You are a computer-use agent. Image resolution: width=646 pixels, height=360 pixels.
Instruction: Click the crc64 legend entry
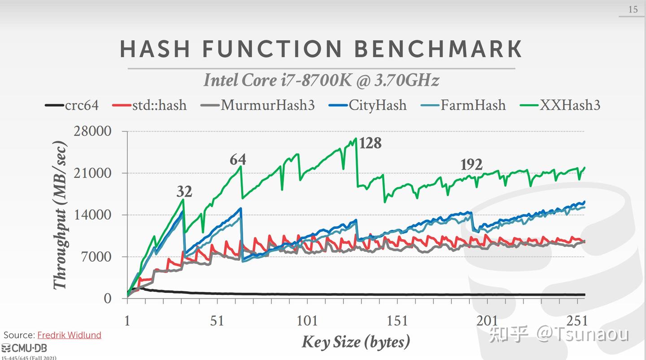point(72,105)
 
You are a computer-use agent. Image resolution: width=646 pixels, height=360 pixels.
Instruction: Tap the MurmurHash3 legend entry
point(258,105)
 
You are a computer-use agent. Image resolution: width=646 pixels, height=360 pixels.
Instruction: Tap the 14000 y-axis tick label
point(93,215)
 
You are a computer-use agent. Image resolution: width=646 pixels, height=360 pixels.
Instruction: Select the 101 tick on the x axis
point(307,321)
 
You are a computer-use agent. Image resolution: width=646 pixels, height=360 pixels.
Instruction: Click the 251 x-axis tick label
point(577,321)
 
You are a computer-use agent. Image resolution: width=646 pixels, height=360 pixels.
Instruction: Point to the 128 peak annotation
point(370,143)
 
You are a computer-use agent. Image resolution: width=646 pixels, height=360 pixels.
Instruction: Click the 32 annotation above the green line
point(184,192)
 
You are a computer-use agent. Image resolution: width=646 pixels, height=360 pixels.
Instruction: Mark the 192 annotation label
point(471,165)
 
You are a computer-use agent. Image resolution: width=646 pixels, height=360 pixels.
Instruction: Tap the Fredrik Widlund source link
point(69,335)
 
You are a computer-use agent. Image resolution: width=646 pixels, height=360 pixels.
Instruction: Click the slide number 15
point(633,9)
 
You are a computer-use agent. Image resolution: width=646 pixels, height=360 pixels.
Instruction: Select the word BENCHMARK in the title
point(438,49)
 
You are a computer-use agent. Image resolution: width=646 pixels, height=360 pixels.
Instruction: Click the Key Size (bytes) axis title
point(356,342)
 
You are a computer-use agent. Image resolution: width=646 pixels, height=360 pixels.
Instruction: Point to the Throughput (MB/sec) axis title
point(61,215)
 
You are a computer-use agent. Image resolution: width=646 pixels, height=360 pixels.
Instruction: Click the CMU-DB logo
point(24,348)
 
